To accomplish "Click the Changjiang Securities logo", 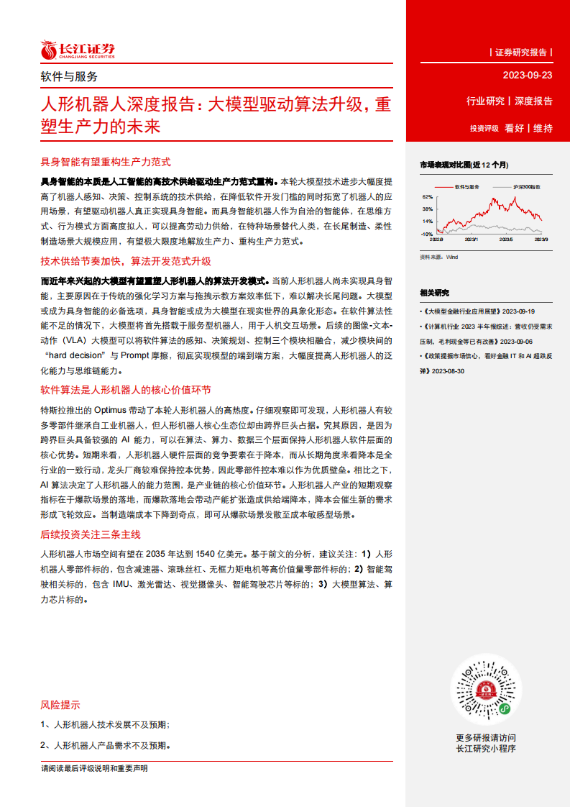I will click(77, 50).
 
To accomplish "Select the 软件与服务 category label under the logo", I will click(69, 76).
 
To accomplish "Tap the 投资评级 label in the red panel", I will click(484, 129).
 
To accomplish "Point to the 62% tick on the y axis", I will click(427, 196).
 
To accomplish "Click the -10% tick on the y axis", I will click(426, 234).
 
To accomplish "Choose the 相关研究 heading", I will click(434, 293).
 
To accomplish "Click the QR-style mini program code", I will click(485, 690).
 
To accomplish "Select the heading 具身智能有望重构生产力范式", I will click(105, 163).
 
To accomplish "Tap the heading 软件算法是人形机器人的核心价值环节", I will click(125, 390).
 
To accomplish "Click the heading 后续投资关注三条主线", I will click(91, 534).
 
